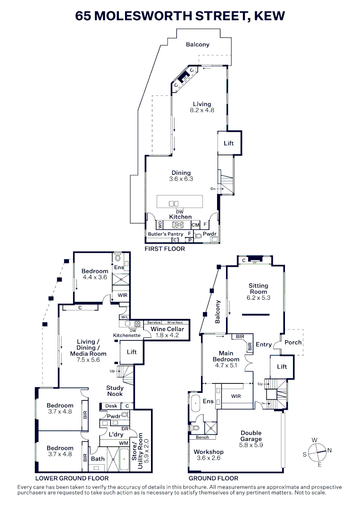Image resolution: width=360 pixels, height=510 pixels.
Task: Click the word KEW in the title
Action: click(269, 16)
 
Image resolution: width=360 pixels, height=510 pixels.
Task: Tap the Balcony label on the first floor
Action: click(197, 45)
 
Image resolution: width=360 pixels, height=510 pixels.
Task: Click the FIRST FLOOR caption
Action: click(165, 248)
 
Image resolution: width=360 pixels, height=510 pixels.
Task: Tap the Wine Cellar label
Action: click(167, 329)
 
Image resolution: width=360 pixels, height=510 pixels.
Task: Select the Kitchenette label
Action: click(127, 335)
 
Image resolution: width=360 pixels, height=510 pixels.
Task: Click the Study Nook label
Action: click(115, 391)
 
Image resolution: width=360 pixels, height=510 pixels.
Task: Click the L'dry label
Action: click(116, 434)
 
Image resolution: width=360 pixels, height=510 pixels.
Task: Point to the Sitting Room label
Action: click(259, 289)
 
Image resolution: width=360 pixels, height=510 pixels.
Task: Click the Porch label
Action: click(293, 342)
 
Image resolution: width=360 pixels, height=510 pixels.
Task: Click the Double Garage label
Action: click(251, 436)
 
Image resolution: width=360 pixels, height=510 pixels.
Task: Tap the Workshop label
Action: click(209, 452)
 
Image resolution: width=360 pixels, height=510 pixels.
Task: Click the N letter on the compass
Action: click(329, 450)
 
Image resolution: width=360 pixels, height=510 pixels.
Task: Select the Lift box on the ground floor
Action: click(282, 367)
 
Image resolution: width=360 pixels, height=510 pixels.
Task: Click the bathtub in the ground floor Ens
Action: click(195, 406)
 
